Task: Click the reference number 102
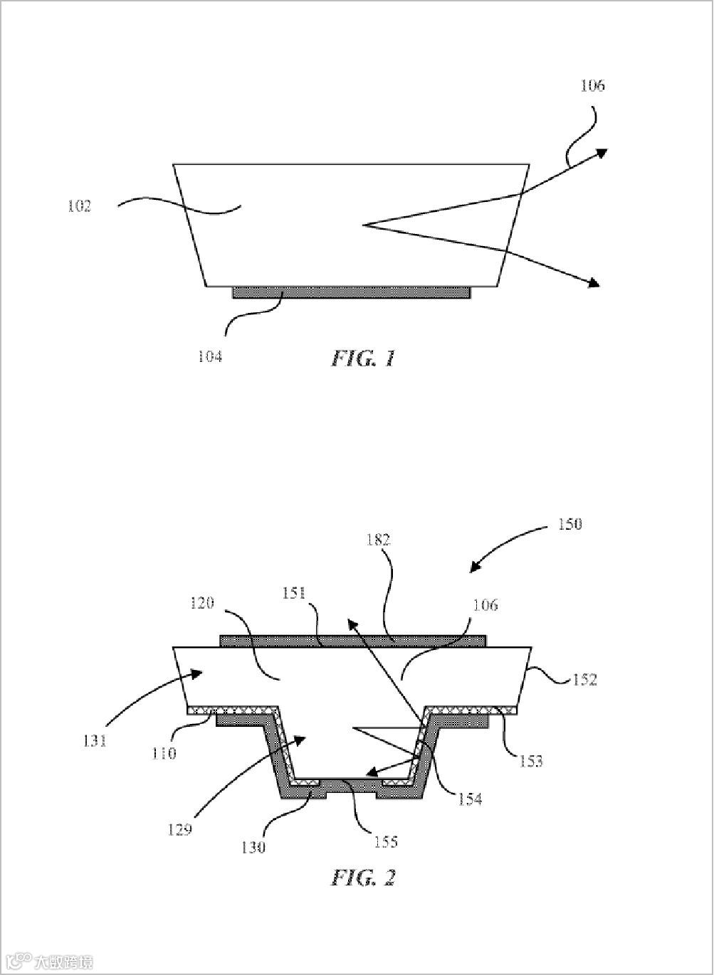[x=79, y=206]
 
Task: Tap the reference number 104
[x=210, y=356]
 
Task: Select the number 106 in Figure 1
[x=592, y=85]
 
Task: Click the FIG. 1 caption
[x=363, y=358]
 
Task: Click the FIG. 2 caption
[x=363, y=877]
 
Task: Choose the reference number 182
[x=378, y=540]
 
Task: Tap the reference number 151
[x=294, y=593]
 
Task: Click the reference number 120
[x=203, y=603]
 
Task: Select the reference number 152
[x=584, y=679]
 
